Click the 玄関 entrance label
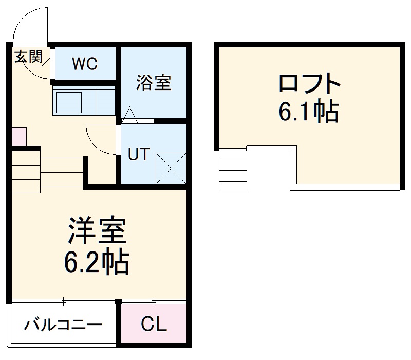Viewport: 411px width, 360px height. pyautogui.click(x=28, y=57)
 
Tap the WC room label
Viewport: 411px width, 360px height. pyautogui.click(x=85, y=64)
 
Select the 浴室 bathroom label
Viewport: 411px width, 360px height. pyautogui.click(x=154, y=83)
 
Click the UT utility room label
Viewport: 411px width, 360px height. pyautogui.click(x=138, y=155)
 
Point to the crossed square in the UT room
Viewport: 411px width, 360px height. pyautogui.click(x=170, y=167)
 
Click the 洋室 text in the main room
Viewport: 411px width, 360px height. pyautogui.click(x=97, y=231)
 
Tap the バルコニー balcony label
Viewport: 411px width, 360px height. pyautogui.click(x=63, y=325)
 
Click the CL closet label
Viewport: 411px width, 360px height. pyautogui.click(x=154, y=325)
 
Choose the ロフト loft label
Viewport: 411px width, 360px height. pyautogui.click(x=310, y=84)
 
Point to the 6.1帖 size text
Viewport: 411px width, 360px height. pyautogui.click(x=309, y=111)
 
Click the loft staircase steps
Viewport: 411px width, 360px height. pyautogui.click(x=233, y=170)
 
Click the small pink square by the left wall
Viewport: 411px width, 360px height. pyautogui.click(x=18, y=136)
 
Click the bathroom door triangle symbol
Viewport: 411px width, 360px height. pyautogui.click(x=129, y=115)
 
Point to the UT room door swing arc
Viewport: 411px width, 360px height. pyautogui.click(x=100, y=140)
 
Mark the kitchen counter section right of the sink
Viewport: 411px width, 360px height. pyautogui.click(x=104, y=101)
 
